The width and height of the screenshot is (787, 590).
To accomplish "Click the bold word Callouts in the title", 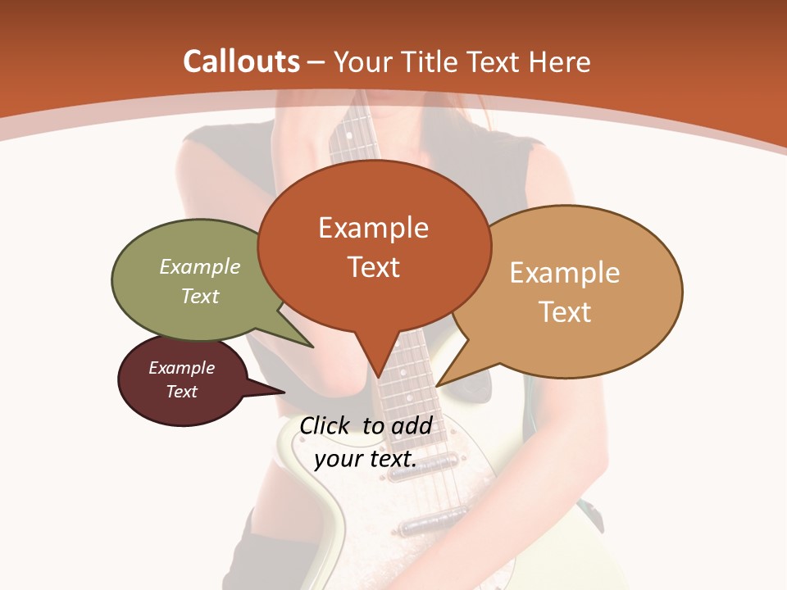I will coord(241,61).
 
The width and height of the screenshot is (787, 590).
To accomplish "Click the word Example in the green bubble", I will coord(200,266).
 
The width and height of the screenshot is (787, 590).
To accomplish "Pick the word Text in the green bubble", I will coord(200,296).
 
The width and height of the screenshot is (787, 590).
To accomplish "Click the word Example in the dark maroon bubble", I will coord(181,368).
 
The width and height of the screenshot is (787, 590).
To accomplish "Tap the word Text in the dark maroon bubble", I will coord(181,392).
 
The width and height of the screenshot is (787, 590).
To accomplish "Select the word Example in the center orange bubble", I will coord(373,228).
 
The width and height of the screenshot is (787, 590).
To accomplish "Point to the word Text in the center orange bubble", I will coord(373,266).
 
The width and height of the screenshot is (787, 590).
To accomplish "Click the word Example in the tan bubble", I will coord(565,273).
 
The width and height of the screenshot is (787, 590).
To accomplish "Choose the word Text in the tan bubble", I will coord(565,311).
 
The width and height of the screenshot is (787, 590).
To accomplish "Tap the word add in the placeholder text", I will coord(412,425).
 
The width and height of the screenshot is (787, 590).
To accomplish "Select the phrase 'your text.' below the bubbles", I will coord(365,459).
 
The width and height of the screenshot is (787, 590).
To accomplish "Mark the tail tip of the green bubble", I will coord(312,347).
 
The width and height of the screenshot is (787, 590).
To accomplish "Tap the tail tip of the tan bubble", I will coord(437,385).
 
